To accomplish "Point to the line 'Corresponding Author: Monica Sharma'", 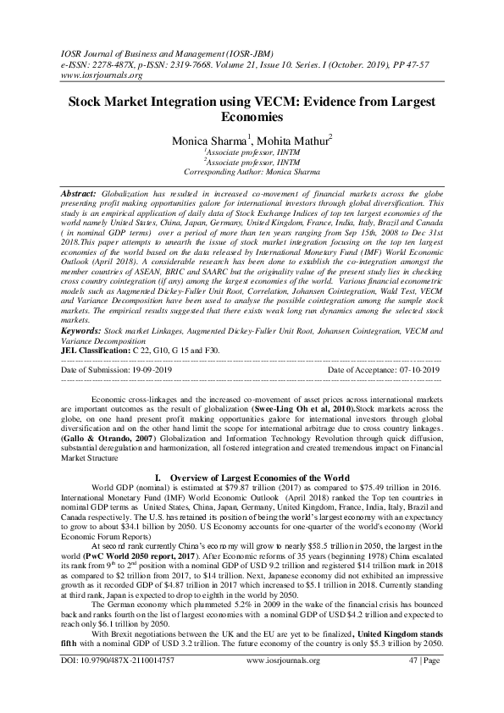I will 252,172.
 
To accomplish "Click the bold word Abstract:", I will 78,194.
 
